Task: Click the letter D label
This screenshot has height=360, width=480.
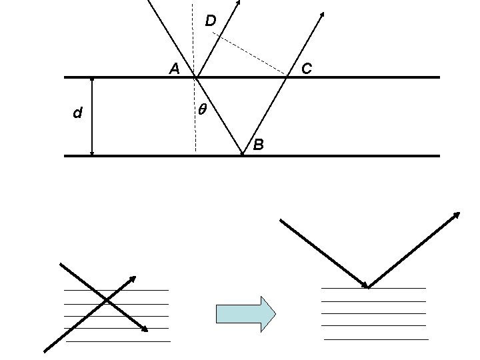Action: [210, 21]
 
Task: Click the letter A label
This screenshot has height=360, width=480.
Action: [173, 69]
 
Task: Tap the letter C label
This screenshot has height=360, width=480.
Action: [307, 68]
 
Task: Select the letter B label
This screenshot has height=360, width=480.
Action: [258, 144]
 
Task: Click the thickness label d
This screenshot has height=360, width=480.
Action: [77, 114]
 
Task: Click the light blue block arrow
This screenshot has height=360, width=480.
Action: [245, 313]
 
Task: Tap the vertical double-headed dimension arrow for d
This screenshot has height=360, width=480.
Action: [92, 117]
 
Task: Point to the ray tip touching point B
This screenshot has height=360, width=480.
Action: [242, 153]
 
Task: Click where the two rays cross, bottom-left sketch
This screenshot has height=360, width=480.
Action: [107, 302]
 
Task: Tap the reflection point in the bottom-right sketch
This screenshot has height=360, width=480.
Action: [368, 287]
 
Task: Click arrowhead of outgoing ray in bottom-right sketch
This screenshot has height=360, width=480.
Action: [457, 214]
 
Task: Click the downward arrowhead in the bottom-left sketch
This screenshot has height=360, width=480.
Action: [144, 329]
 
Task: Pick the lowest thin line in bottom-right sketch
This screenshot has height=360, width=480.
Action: [376, 339]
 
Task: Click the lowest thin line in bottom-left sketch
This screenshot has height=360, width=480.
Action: [118, 341]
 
